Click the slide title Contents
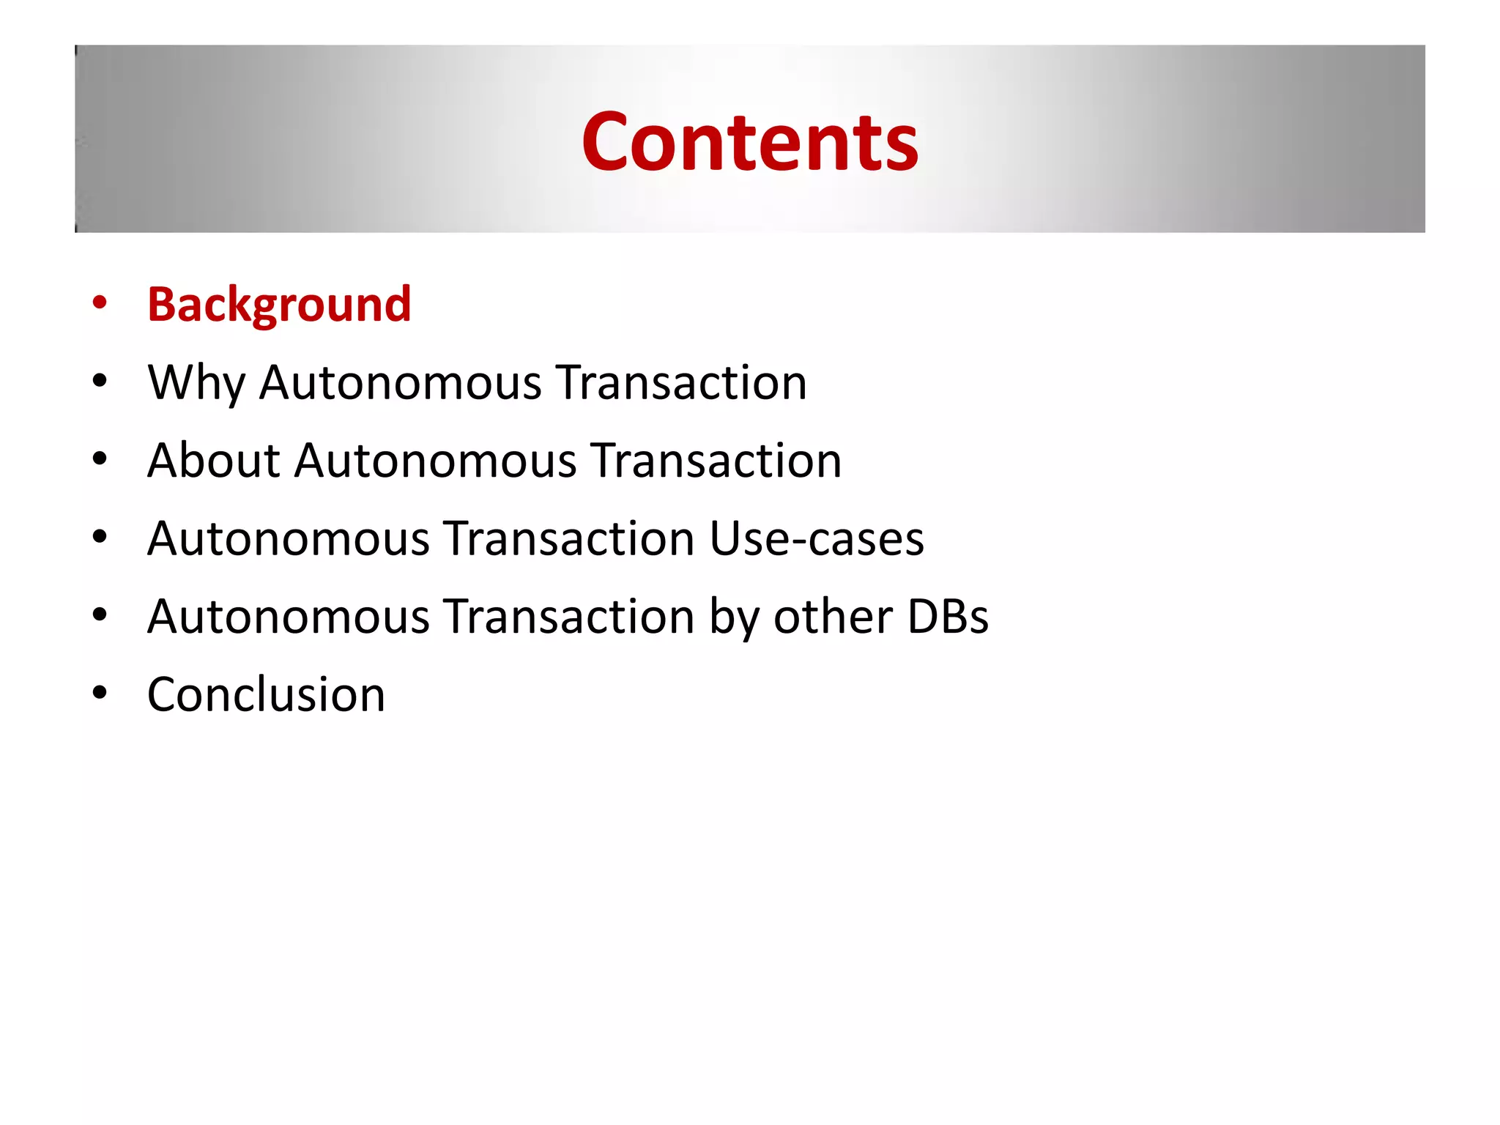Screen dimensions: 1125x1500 coord(749,141)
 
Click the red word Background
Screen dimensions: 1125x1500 coord(279,304)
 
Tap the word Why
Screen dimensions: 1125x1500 coord(196,383)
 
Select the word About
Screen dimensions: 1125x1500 coord(213,461)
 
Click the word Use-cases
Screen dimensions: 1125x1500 coord(817,539)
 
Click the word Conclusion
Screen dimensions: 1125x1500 coord(266,694)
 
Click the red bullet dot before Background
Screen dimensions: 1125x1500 coord(100,302)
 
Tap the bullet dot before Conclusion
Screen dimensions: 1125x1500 coord(100,692)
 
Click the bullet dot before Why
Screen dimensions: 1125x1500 coord(100,380)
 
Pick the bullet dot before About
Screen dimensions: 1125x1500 coord(100,458)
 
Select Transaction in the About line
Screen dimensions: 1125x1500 coord(716,461)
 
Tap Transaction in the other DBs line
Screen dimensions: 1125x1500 coord(569,617)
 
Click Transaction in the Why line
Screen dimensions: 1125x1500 coord(681,383)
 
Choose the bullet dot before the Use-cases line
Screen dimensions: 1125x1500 coord(100,536)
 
